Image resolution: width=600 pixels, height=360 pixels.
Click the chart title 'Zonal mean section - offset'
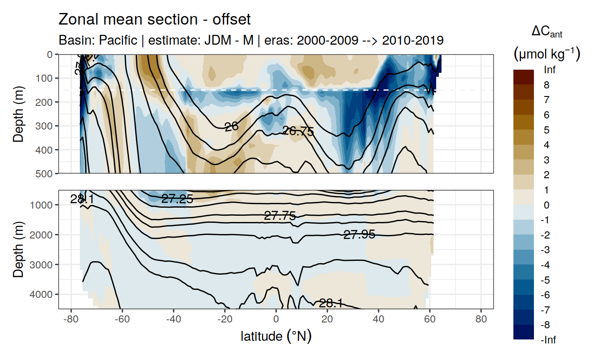[x=154, y=20]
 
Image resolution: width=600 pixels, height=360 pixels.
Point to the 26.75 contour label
[x=298, y=131]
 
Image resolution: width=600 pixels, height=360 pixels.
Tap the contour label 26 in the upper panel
[x=231, y=127]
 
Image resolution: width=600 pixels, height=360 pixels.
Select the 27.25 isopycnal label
[x=177, y=199]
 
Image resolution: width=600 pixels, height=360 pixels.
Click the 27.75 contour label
[x=280, y=216]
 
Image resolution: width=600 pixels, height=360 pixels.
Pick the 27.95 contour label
[x=359, y=234]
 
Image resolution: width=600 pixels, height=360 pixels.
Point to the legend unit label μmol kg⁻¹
[x=546, y=54]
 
